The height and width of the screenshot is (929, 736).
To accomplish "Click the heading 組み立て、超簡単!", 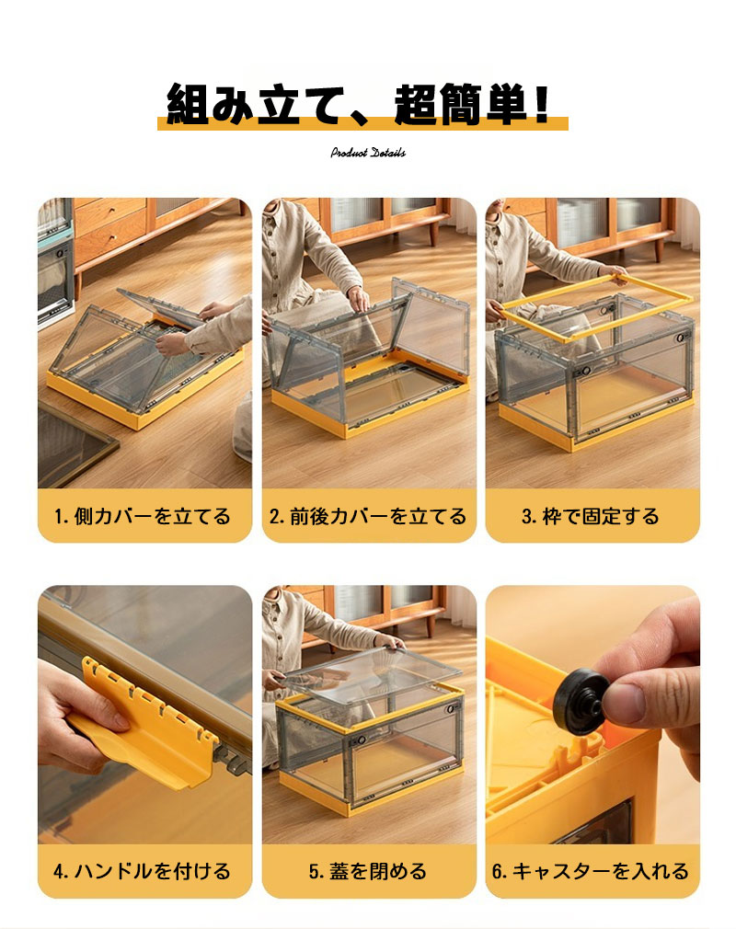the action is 359,104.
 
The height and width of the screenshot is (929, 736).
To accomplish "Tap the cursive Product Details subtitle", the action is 368,153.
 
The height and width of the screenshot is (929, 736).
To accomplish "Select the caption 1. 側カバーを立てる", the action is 143,516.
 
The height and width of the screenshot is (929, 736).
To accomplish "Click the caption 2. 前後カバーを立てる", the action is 367,516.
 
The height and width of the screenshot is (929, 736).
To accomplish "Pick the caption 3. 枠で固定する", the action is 591,516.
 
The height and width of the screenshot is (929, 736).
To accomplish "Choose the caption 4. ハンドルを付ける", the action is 143,871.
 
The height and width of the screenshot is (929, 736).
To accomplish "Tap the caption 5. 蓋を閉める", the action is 367,871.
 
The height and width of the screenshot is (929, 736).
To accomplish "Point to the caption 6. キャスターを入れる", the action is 591,871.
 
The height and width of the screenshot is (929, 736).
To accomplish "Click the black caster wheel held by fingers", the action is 580,702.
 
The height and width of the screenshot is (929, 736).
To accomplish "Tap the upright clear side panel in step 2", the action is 431,327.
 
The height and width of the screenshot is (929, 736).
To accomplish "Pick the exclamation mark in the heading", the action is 540,104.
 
